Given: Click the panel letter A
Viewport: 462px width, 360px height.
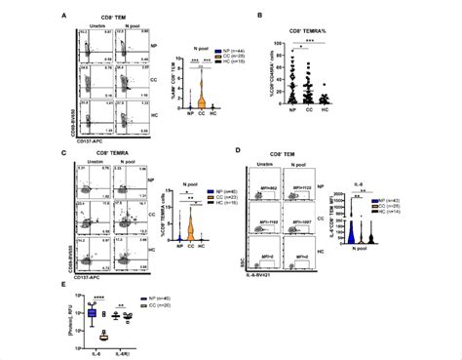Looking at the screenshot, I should [64, 15].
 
